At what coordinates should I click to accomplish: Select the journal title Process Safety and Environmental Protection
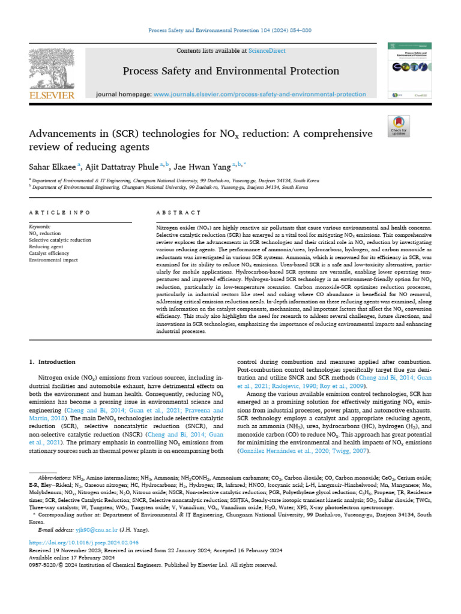coord(230,71)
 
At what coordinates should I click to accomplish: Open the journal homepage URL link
coord(259,94)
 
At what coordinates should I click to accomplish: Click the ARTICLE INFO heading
coord(59,213)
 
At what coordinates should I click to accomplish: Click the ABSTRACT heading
coord(178,213)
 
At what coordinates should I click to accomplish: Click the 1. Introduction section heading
coord(52,362)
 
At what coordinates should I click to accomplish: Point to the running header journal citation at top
coord(230,31)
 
